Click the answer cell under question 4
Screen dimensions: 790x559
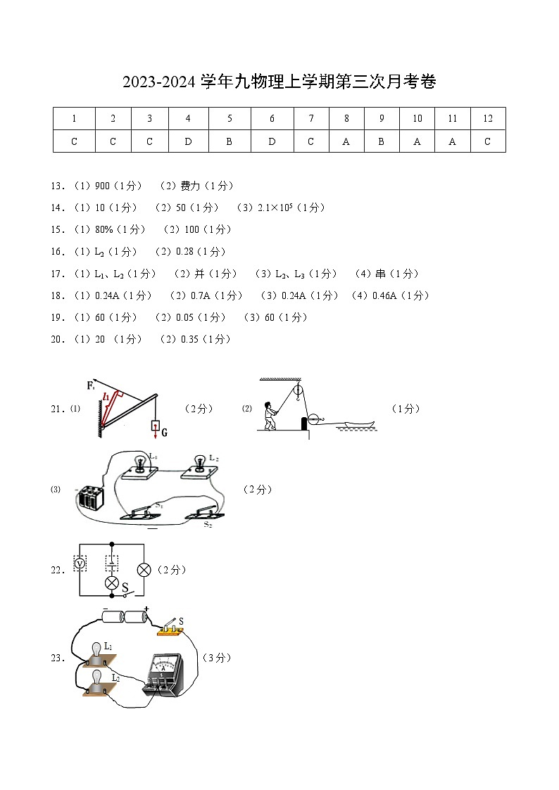[x=187, y=141]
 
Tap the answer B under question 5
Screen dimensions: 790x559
[x=230, y=141]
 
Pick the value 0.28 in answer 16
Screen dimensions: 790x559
[x=184, y=252]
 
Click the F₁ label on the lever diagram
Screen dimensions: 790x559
[x=91, y=386]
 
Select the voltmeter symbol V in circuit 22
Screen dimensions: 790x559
[x=80, y=563]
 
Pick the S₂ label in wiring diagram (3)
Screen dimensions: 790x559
[x=208, y=525]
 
